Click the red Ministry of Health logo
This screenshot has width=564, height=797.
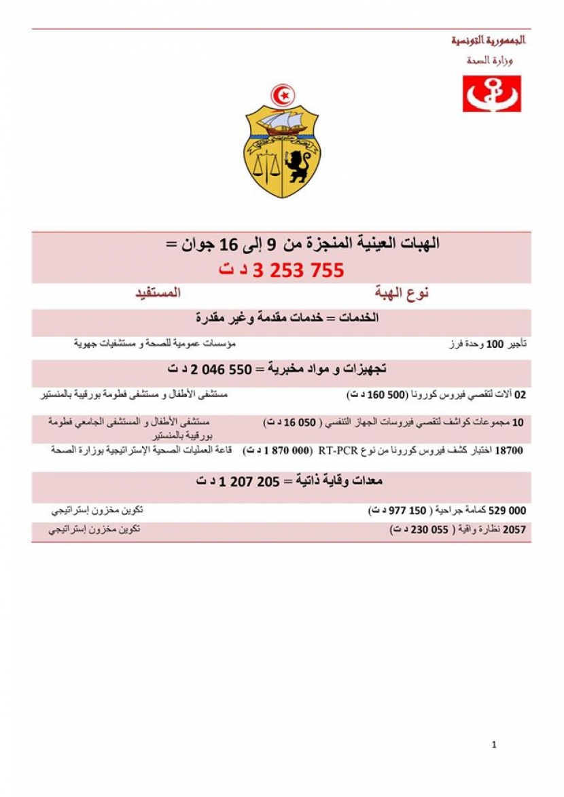point(491,94)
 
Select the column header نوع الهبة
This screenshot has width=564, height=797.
point(402,293)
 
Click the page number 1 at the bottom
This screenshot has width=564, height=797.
point(494,745)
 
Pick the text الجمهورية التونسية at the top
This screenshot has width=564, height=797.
point(489,40)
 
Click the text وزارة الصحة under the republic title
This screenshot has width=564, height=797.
point(490,60)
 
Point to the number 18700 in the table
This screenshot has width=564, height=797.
point(510,450)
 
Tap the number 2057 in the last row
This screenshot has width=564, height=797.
point(513,530)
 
